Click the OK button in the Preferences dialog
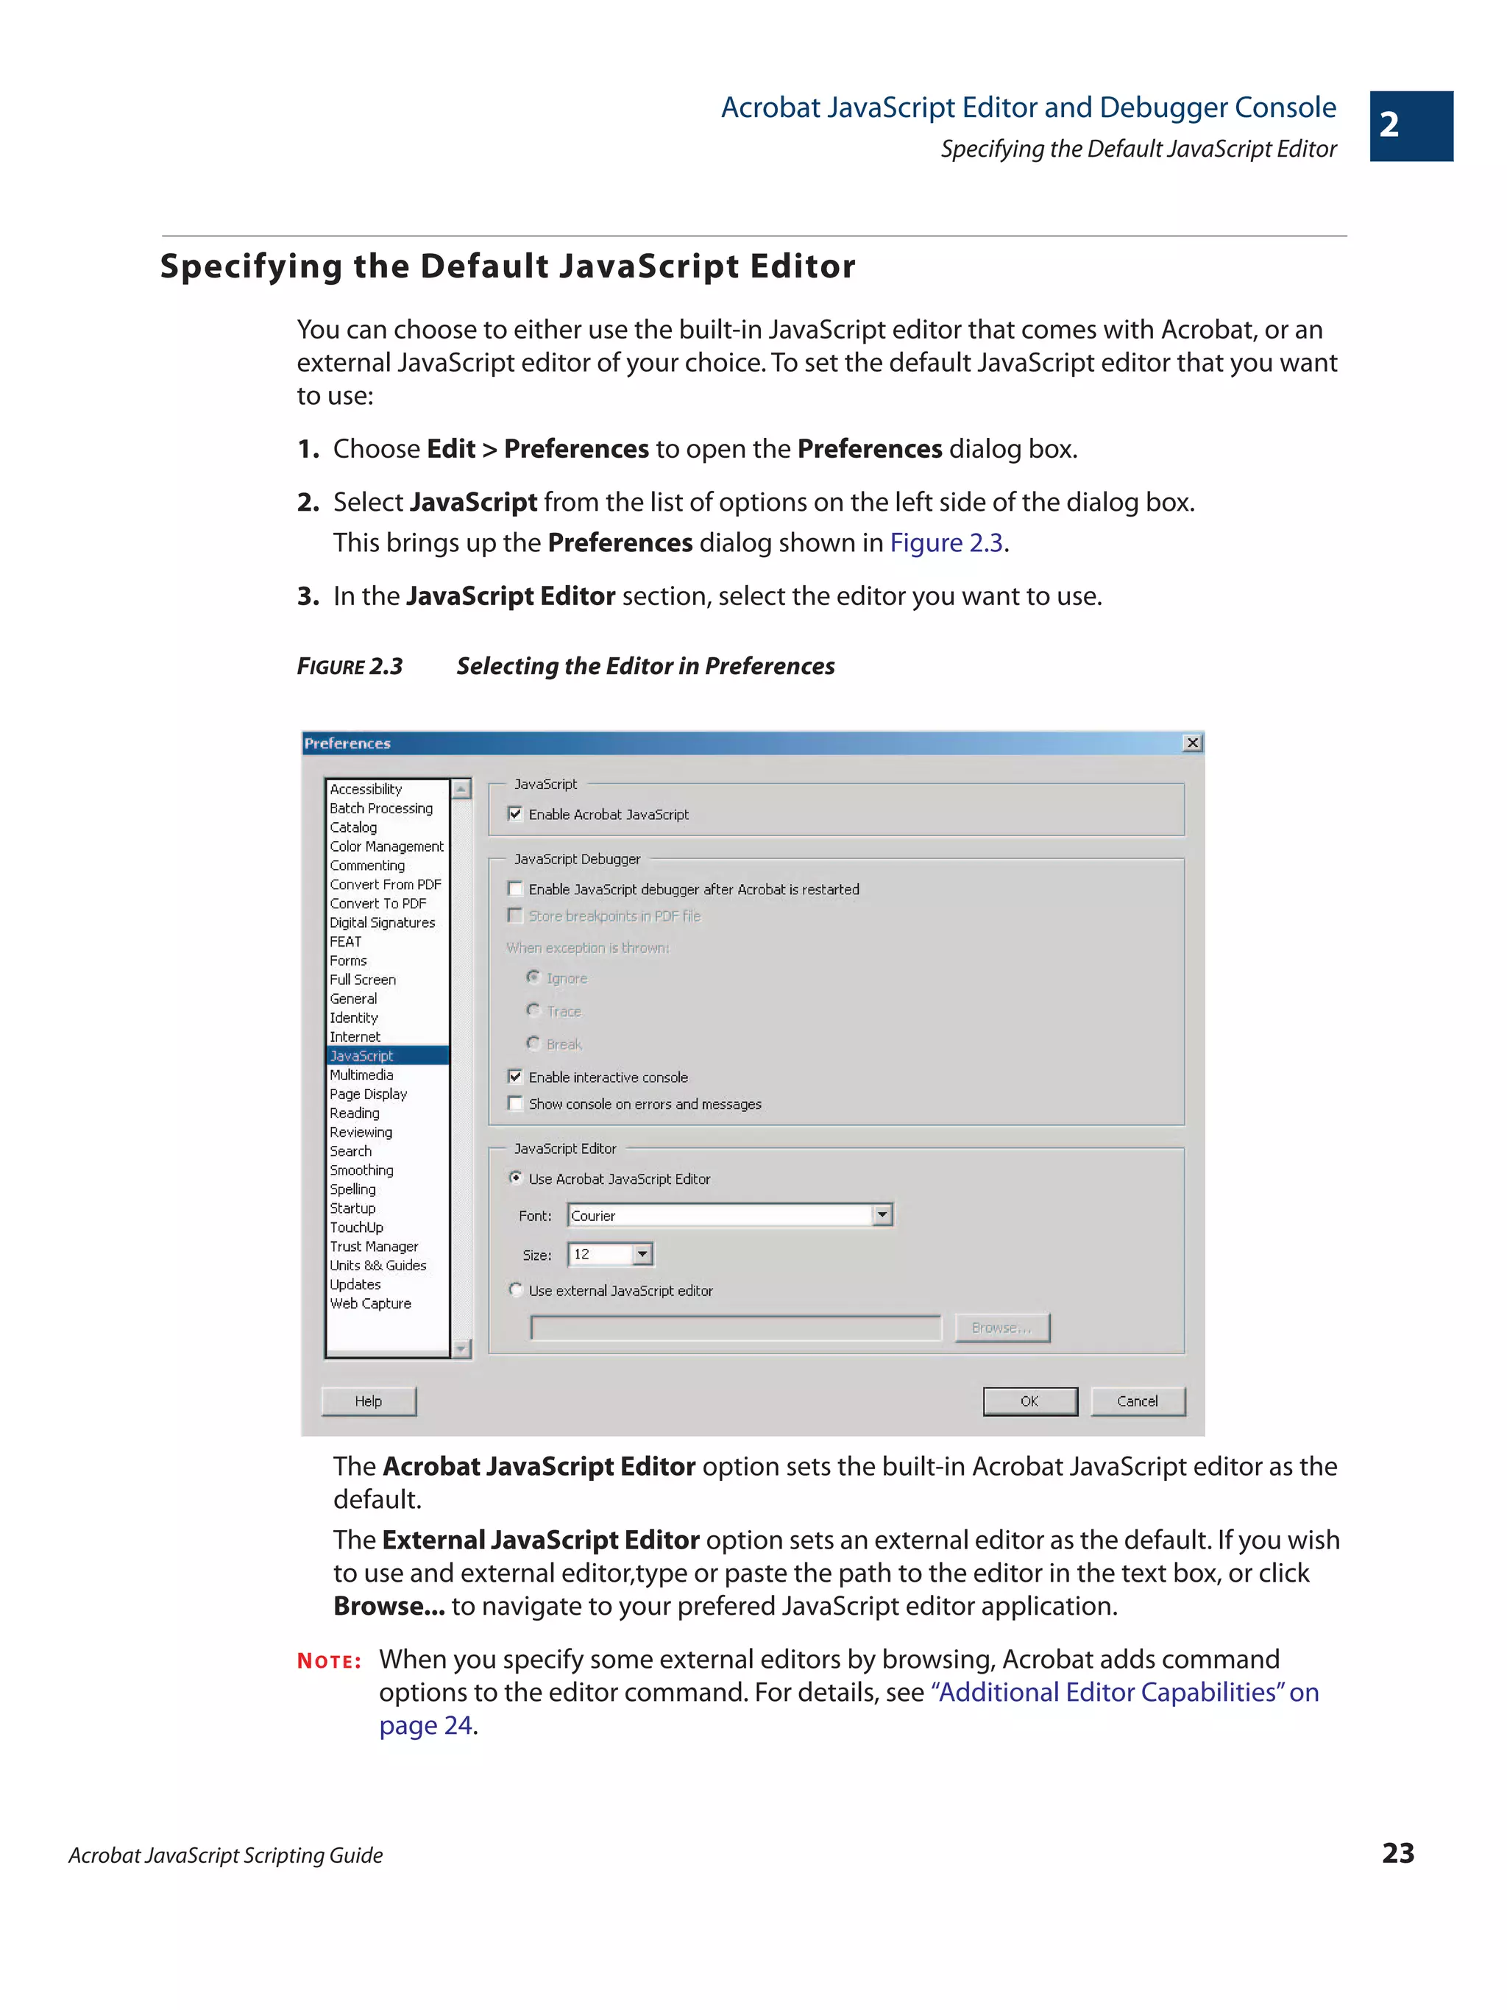pos(1029,1401)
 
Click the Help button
pos(368,1401)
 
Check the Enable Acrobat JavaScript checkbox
pos(515,813)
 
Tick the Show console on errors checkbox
pos(515,1103)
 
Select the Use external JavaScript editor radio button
pos(516,1289)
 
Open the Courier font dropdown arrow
pos(881,1215)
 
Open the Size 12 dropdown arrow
pos(642,1254)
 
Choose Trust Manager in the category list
pos(373,1246)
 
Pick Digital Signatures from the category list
pos(381,922)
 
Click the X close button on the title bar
pos(1192,743)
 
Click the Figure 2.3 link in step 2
pos(946,542)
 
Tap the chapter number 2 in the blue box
pos(1389,125)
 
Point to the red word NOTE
pos(329,1661)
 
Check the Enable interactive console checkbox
pos(515,1077)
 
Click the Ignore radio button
pos(533,977)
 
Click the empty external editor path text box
pos(735,1328)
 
